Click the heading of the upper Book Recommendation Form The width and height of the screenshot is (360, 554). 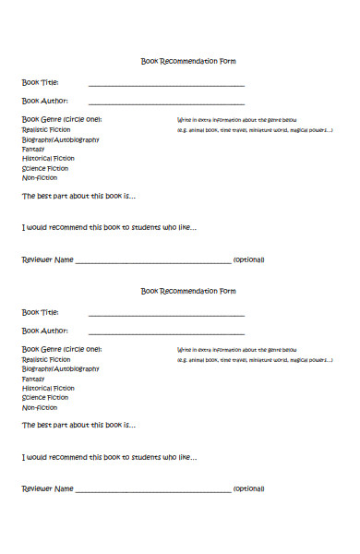[188, 62]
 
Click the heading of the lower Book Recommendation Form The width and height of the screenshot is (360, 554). [188, 292]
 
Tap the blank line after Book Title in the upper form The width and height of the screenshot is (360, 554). [166, 85]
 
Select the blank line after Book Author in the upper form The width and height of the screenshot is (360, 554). [166, 102]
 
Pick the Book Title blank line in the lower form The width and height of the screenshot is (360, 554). [166, 315]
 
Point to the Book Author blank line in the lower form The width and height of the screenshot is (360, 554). [166, 332]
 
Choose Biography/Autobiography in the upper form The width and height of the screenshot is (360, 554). [60, 140]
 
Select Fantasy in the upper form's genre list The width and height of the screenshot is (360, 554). [33, 150]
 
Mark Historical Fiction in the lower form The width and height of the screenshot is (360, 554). [48, 389]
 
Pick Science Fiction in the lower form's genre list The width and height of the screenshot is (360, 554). [45, 398]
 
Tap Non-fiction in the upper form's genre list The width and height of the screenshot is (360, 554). [39, 178]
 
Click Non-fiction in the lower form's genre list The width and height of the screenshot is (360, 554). [39, 408]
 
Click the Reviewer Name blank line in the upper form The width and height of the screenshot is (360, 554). [152, 262]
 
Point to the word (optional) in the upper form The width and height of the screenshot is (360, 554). [249, 260]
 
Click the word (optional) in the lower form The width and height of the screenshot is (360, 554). [249, 488]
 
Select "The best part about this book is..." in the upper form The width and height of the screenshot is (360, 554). [78, 197]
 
